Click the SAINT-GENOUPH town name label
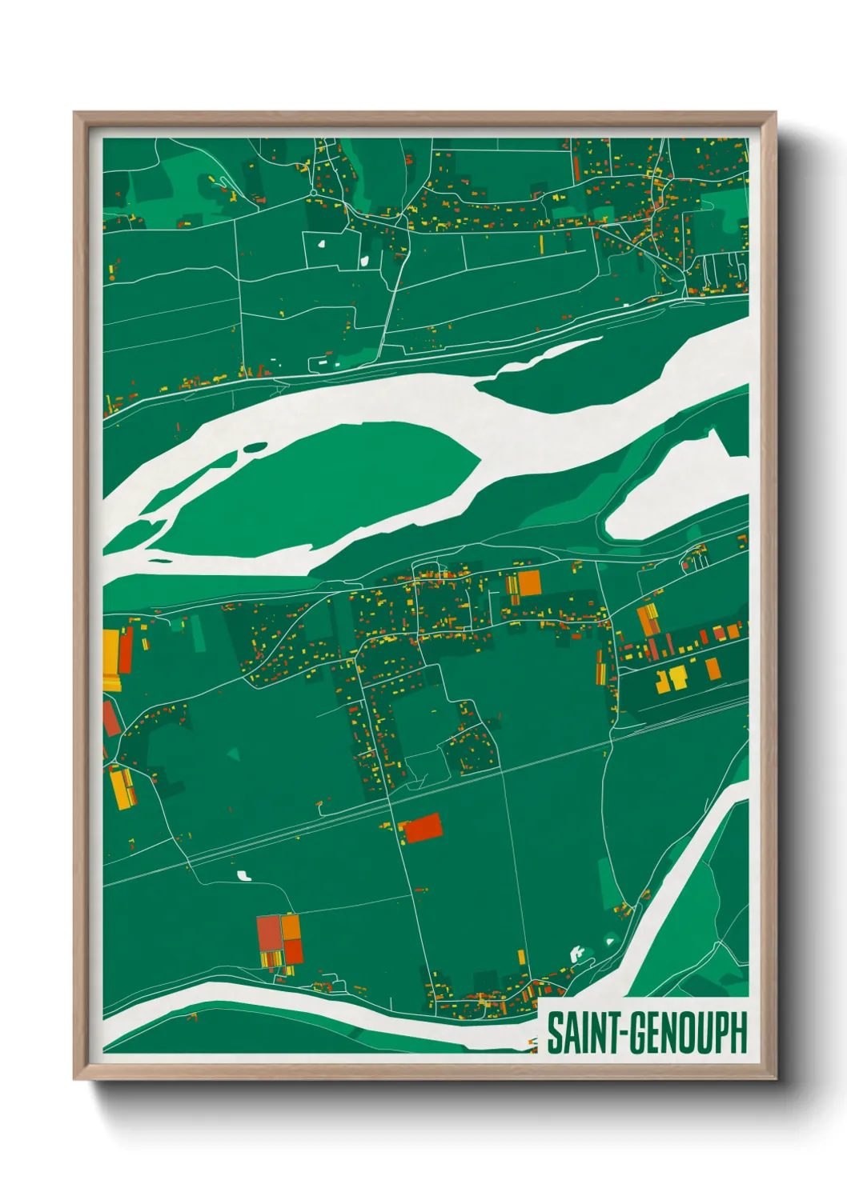[x=646, y=1033]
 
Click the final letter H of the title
[x=737, y=1033]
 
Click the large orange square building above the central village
[x=529, y=583]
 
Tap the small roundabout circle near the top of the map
[x=314, y=193]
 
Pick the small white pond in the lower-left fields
[x=244, y=875]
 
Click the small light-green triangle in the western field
[x=233, y=754]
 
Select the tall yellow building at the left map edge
[x=110, y=660]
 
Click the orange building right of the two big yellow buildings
[x=713, y=668]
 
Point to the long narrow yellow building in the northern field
[x=542, y=243]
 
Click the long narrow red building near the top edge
[x=575, y=169]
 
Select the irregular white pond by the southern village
[x=576, y=953]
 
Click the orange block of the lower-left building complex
[x=291, y=928]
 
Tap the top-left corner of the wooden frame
[x=75, y=114]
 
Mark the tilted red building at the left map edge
[x=110, y=719]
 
